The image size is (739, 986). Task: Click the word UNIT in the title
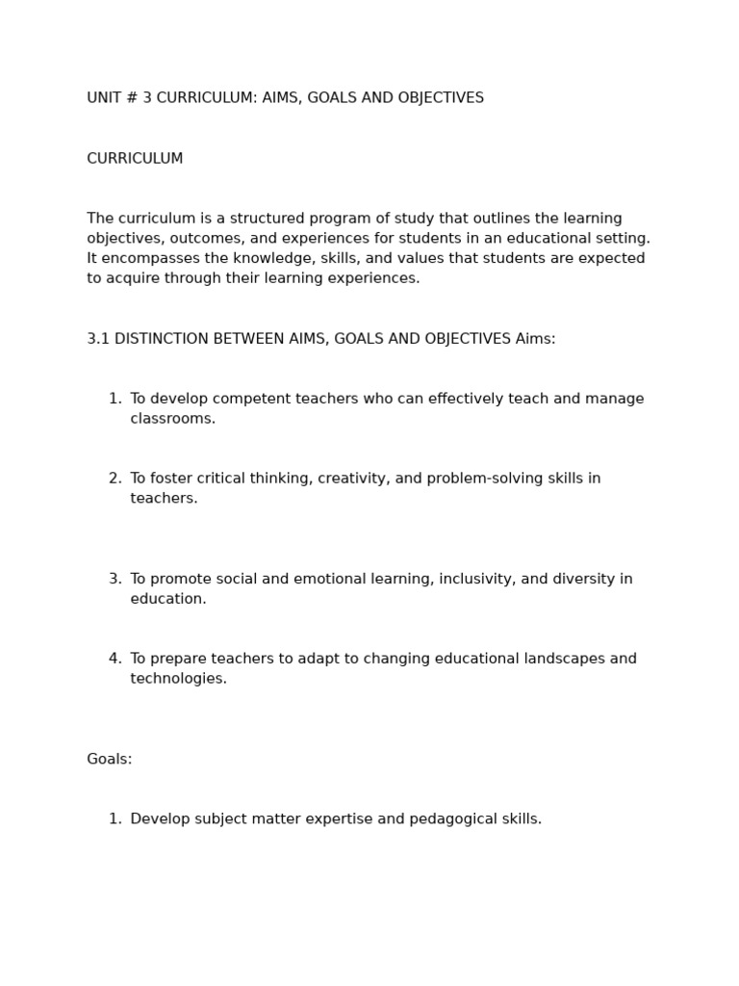103,98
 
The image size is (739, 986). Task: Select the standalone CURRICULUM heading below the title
135,159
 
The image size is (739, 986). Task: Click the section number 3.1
98,339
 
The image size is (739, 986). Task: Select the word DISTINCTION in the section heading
165,339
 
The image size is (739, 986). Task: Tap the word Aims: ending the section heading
535,339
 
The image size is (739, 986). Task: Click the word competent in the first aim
238,399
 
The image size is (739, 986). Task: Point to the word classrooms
172,419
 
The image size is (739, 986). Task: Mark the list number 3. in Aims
115,579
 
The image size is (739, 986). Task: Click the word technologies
178,679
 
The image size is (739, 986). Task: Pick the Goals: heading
110,760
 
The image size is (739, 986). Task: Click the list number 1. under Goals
115,819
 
